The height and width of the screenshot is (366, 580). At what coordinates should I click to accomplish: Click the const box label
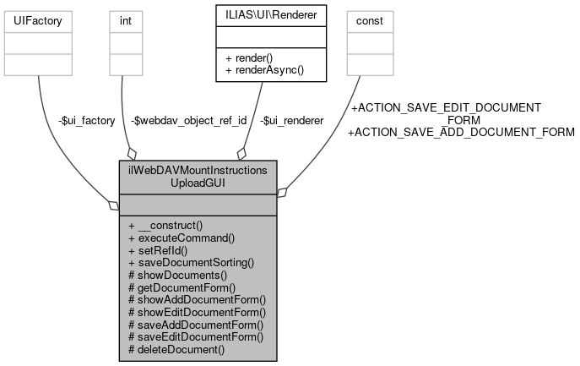[370, 19]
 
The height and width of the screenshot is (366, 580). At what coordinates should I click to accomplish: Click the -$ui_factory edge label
[83, 121]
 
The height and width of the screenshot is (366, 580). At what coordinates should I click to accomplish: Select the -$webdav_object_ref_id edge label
[189, 121]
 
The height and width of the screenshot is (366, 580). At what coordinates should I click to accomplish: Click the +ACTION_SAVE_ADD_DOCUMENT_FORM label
[461, 132]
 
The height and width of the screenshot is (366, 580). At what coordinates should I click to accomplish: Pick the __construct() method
[165, 227]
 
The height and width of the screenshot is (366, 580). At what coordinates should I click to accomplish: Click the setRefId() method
[157, 250]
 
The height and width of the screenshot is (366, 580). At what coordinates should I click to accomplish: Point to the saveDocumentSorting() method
[191, 263]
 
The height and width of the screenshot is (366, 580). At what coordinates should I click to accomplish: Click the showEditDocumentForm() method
[197, 312]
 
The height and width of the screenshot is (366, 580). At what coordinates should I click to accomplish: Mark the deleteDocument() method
[176, 348]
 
